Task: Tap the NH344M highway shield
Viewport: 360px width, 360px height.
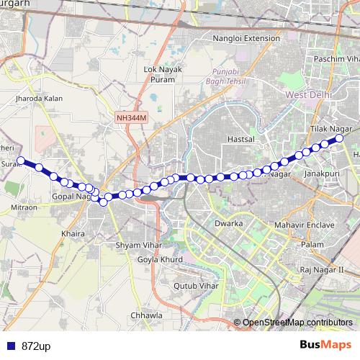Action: pyautogui.click(x=129, y=116)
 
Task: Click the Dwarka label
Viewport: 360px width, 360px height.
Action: pyautogui.click(x=228, y=223)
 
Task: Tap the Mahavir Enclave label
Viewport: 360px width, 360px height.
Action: pyautogui.click(x=305, y=225)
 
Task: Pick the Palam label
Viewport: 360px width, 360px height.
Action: pyautogui.click(x=312, y=246)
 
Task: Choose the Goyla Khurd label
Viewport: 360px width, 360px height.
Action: pyautogui.click(x=158, y=259)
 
